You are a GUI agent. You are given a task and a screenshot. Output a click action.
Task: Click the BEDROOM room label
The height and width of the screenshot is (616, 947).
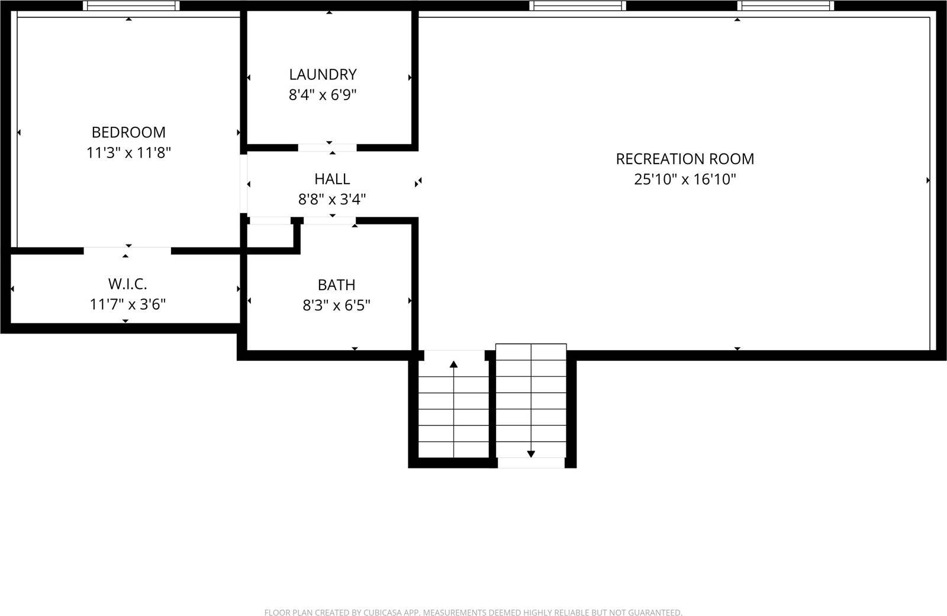pyautogui.click(x=128, y=132)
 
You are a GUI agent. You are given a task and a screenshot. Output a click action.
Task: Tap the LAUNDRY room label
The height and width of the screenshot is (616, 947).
pyautogui.click(x=323, y=75)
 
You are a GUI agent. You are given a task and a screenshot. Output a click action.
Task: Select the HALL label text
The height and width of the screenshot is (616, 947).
pyautogui.click(x=332, y=179)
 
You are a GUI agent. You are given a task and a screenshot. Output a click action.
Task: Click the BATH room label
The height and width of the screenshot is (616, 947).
pyautogui.click(x=336, y=285)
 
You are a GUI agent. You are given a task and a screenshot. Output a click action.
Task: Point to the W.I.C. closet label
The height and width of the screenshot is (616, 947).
pyautogui.click(x=127, y=284)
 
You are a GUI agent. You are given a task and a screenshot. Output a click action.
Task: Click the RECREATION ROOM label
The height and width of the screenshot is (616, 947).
pyautogui.click(x=685, y=159)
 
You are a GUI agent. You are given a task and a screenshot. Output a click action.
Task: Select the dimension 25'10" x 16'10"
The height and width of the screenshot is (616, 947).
pyautogui.click(x=685, y=179)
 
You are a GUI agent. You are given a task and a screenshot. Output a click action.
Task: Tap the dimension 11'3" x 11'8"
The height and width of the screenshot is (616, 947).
pyautogui.click(x=128, y=153)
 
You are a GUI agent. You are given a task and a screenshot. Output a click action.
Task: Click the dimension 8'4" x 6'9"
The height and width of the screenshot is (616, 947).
pyautogui.click(x=323, y=95)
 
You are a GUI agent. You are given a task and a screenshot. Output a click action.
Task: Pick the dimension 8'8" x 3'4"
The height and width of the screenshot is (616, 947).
pyautogui.click(x=332, y=200)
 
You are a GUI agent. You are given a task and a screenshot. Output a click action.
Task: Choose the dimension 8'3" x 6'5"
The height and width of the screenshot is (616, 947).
pyautogui.click(x=336, y=306)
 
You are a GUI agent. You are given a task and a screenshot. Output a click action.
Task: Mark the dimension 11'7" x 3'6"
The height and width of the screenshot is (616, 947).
pyautogui.click(x=127, y=304)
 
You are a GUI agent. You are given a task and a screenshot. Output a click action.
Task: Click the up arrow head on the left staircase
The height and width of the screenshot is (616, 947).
pyautogui.click(x=454, y=364)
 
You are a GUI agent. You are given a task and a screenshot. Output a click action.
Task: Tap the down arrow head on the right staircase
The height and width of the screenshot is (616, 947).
pyautogui.click(x=531, y=454)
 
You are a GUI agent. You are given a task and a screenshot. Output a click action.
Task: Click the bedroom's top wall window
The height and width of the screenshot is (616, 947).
pyautogui.click(x=131, y=6)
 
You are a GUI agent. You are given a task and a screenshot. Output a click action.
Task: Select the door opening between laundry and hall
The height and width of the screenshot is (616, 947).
pyautogui.click(x=327, y=147)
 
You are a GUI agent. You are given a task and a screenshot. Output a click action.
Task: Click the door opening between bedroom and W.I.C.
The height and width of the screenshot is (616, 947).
pyautogui.click(x=127, y=251)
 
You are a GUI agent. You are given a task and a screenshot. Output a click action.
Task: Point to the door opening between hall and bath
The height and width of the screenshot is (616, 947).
pyautogui.click(x=330, y=221)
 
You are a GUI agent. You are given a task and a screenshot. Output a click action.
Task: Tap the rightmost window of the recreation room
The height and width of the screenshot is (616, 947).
pyautogui.click(x=785, y=6)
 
